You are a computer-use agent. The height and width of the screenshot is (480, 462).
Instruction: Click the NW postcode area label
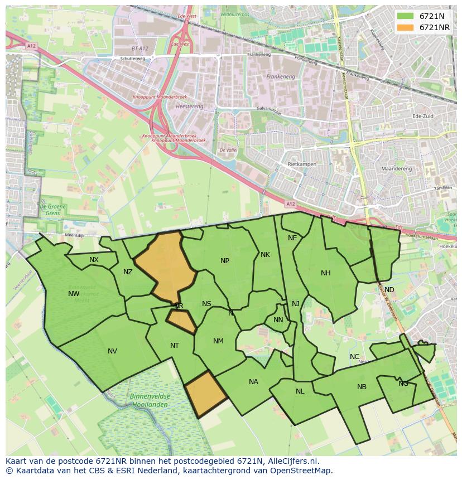click(74, 294)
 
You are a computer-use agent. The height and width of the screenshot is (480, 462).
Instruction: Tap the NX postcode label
click(94, 260)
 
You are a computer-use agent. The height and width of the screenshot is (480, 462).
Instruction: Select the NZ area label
click(128, 272)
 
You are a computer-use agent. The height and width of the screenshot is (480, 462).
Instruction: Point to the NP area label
click(225, 261)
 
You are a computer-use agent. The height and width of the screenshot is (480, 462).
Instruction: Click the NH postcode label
click(326, 273)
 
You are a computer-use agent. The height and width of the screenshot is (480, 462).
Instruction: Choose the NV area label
click(113, 351)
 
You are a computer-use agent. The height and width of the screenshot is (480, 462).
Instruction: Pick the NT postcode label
click(175, 346)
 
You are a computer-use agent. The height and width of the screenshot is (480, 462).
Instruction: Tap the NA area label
click(254, 382)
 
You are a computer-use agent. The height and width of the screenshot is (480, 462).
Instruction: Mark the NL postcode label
click(300, 391)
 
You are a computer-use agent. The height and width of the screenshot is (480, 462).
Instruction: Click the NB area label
click(362, 387)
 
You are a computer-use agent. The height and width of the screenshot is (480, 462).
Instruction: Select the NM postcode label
click(218, 341)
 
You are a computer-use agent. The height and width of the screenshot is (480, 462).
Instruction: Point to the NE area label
click(292, 238)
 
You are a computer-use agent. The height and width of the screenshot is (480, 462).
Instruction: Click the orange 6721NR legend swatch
click(405, 27)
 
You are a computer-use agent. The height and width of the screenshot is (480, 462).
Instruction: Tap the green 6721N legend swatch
click(405, 16)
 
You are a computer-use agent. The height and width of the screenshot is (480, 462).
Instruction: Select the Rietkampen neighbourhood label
click(302, 165)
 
